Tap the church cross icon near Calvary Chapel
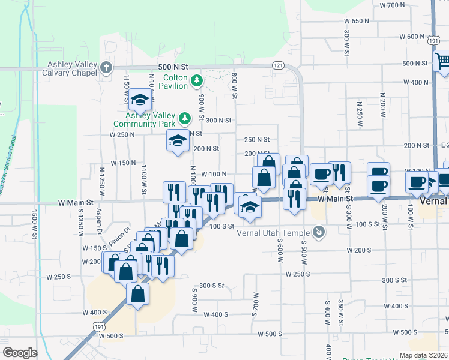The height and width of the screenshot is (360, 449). tap(106, 67)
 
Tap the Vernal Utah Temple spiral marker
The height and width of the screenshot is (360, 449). tap(319, 232)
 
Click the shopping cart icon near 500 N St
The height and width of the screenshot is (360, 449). tap(442, 60)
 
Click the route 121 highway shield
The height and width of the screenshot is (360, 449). tap(277, 64)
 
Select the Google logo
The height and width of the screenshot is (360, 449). tap(20, 353)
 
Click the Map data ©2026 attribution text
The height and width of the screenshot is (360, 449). tap(424, 355)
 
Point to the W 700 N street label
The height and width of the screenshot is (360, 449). tap(393, 5)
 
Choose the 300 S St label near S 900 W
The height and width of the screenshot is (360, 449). tap(212, 286)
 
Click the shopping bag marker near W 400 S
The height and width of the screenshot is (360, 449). tap(138, 294)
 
